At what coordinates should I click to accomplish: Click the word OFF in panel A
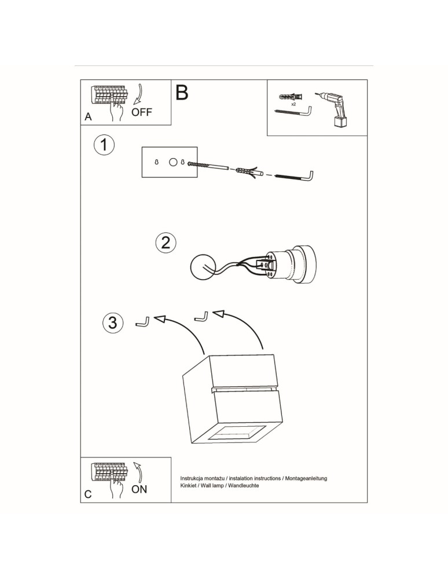[x=142, y=112]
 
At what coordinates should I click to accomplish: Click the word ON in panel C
[x=139, y=489]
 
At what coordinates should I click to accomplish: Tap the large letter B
[x=181, y=93]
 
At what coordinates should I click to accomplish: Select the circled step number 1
[x=104, y=145]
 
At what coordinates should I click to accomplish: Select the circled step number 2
[x=166, y=242]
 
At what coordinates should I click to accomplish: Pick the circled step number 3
[x=112, y=323]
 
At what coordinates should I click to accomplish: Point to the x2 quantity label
[x=293, y=104]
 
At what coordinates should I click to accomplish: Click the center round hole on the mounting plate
[x=172, y=163]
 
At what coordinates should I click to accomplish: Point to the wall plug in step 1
[x=248, y=171]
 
